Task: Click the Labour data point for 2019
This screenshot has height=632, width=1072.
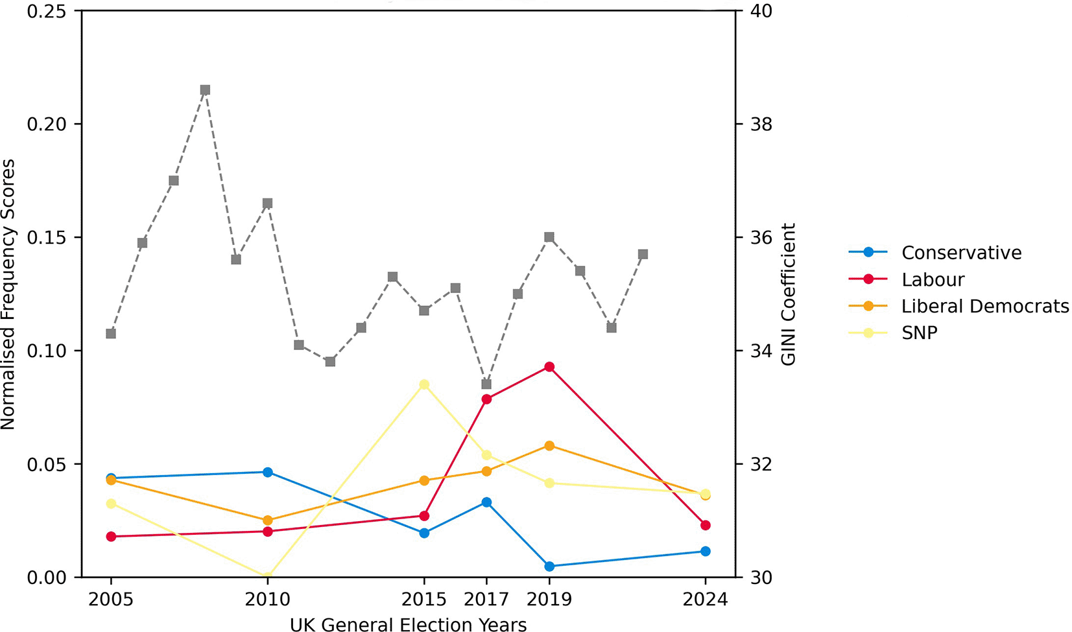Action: coord(549,367)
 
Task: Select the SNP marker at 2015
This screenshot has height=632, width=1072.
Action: coord(424,384)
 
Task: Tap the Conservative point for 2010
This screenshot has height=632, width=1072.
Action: coord(268,472)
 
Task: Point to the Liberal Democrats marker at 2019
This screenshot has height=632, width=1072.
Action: coord(549,446)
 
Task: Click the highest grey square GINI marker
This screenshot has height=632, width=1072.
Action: coord(206,90)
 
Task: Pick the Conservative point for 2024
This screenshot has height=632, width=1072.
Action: coord(706,551)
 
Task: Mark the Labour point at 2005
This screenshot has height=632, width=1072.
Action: coord(111,536)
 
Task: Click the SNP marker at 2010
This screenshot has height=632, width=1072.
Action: coord(268,576)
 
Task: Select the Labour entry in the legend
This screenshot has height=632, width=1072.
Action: coord(907,279)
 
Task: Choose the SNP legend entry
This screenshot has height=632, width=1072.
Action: coord(893,333)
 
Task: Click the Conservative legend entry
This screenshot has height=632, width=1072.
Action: coord(935,253)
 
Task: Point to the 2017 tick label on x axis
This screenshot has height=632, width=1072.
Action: coord(486,599)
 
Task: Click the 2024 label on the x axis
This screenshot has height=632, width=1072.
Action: coord(706,599)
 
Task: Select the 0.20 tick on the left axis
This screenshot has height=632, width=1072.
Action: coord(47,124)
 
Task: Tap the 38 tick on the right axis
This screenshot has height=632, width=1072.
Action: coord(761,124)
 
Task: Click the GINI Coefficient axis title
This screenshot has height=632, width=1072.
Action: coord(788,294)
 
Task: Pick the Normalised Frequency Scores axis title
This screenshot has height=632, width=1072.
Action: coord(8,294)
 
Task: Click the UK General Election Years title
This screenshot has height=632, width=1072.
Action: coord(408,624)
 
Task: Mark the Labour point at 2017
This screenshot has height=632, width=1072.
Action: coord(486,399)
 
